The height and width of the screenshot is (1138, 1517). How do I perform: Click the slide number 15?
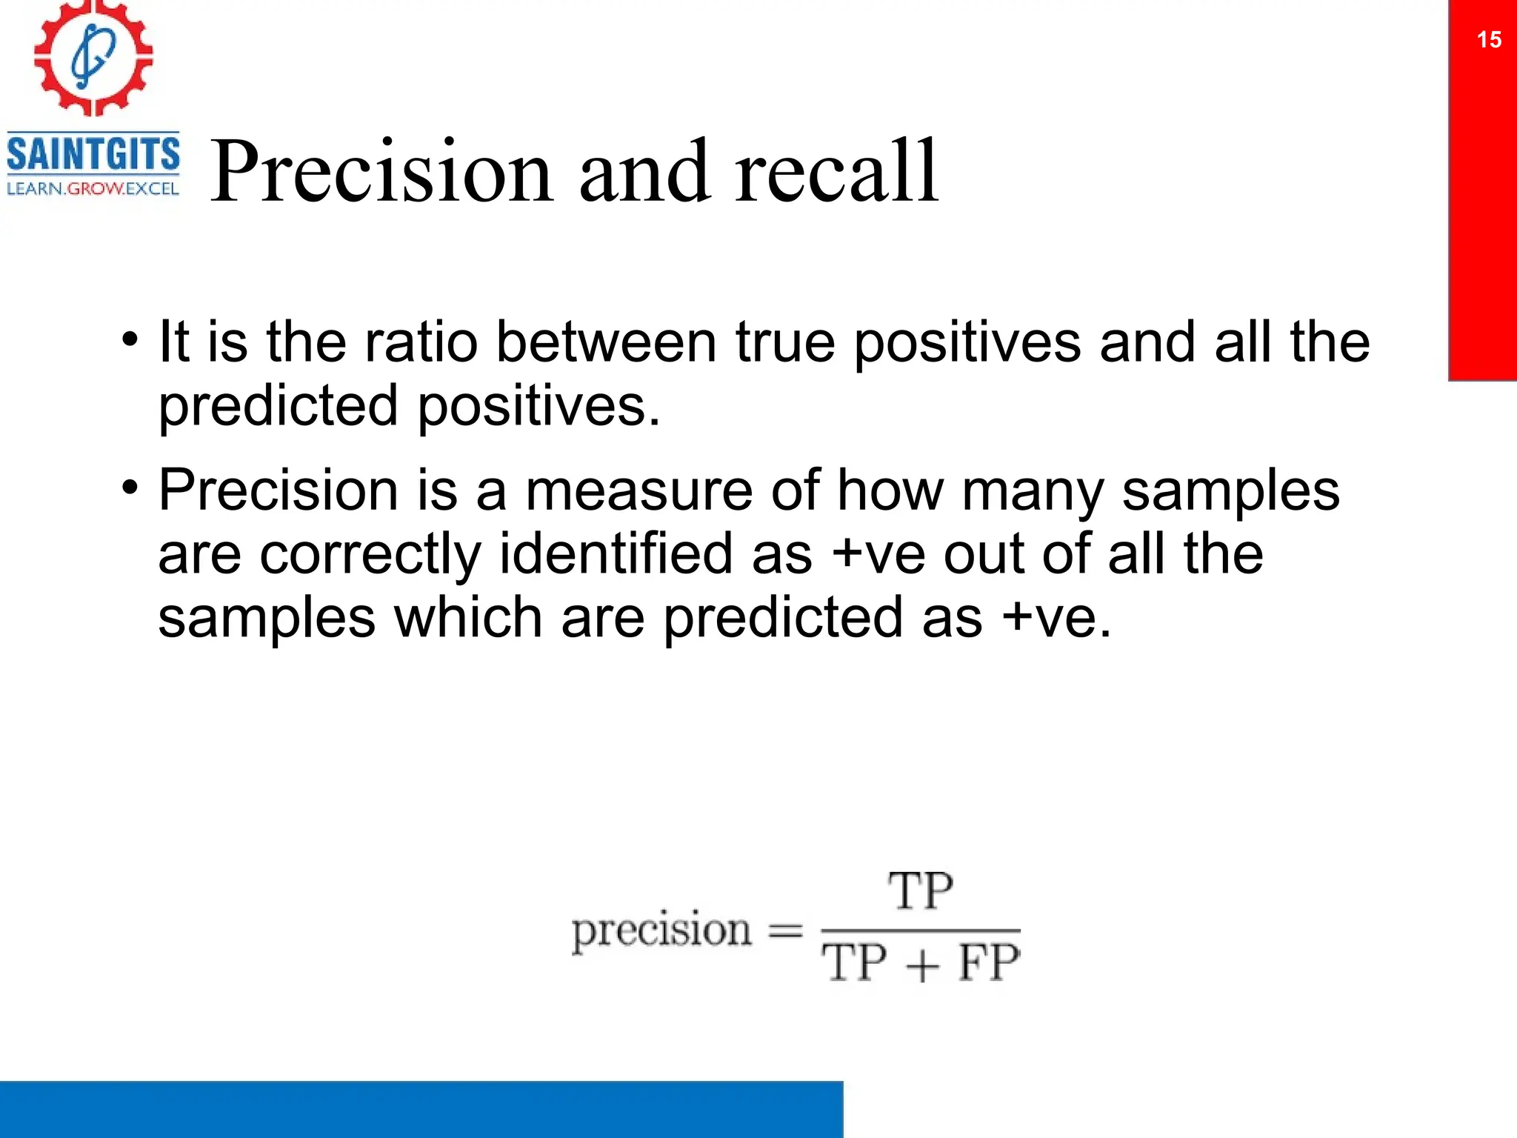1489,39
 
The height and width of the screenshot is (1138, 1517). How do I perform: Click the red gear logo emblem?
93,58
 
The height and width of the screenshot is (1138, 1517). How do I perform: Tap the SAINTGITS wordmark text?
93,154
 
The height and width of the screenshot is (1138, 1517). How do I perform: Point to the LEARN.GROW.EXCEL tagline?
93,189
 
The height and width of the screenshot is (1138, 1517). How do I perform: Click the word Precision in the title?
381,173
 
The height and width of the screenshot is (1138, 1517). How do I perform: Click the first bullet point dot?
130,341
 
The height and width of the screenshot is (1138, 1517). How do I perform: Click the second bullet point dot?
130,489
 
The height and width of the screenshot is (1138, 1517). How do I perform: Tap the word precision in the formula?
661,931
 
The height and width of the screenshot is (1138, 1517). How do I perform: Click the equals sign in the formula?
785,931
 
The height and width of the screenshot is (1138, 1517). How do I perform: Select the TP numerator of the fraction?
920,891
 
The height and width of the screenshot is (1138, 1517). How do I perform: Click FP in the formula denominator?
989,963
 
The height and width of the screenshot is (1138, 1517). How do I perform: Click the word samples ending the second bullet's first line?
1230,492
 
